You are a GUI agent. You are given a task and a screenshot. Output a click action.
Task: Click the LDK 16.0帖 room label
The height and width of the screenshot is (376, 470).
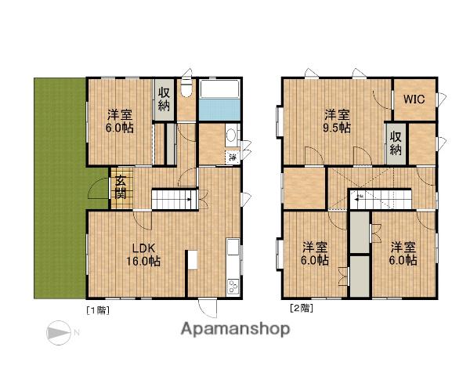(143, 255)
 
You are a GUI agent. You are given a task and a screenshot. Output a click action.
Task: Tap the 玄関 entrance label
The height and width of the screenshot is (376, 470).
(121, 188)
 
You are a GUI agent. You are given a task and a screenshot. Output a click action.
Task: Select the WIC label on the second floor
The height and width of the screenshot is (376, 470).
(414, 99)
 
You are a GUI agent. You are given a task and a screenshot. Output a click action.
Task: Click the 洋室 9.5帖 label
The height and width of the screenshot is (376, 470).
(337, 121)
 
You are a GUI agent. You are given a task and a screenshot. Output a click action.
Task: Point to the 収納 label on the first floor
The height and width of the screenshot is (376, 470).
(164, 99)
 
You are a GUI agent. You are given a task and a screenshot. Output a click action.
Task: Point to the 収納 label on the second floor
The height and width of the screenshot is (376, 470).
(396, 143)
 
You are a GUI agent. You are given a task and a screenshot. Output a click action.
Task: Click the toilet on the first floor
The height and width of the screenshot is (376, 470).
(186, 89)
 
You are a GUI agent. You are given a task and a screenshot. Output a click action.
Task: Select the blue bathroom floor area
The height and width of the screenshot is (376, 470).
(219, 109)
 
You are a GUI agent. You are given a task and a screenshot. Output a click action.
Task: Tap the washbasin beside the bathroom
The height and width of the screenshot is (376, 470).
(231, 136)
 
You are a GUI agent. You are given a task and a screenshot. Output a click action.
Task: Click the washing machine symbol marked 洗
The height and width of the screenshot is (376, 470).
(233, 156)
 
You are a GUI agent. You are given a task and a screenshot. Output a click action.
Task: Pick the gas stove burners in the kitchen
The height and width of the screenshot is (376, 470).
(233, 286)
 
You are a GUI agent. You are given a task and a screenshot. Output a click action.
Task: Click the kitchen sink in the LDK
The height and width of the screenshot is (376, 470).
(233, 247)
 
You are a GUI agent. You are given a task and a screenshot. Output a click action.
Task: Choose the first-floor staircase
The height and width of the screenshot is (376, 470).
(175, 199)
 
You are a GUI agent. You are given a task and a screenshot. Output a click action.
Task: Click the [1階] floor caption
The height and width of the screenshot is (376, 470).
(98, 310)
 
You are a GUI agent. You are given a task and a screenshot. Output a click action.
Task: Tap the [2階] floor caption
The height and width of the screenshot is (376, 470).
(302, 308)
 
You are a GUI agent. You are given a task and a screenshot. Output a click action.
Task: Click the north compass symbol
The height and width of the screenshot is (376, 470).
(59, 332)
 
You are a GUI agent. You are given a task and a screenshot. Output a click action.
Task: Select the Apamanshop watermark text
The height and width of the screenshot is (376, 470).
(235, 330)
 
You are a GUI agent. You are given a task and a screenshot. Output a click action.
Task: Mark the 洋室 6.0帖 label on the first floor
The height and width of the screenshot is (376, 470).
(119, 121)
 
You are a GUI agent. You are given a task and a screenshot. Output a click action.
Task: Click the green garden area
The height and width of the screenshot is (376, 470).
(60, 188)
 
